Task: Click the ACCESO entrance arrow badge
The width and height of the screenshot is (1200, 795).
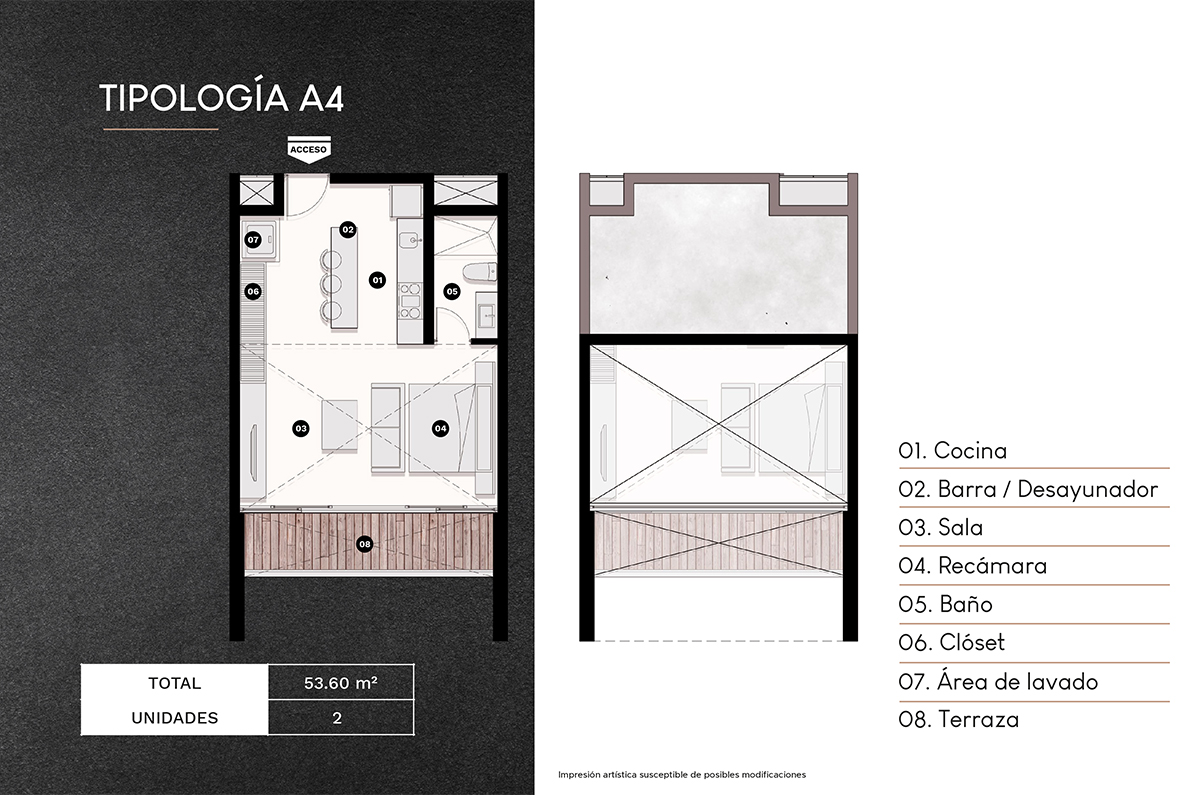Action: click(309, 148)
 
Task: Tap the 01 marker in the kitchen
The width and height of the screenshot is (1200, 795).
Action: click(377, 280)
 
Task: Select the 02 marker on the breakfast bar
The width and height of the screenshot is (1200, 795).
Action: click(347, 229)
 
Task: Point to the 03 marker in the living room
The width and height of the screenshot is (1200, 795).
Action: click(300, 428)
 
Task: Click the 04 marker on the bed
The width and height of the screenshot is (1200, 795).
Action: click(440, 428)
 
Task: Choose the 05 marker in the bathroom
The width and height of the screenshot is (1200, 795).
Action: click(452, 292)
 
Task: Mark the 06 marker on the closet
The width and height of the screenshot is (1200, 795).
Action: click(253, 292)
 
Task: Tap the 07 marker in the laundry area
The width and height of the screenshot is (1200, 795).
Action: click(253, 240)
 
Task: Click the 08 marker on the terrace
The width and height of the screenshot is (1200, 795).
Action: click(365, 544)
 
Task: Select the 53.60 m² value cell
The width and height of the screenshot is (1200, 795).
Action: click(340, 684)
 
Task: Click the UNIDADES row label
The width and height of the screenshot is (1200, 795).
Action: click(175, 718)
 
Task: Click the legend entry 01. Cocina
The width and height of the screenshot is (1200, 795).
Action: click(952, 451)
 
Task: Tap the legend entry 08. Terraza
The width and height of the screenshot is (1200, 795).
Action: click(958, 720)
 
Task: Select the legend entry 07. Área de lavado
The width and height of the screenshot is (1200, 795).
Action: click(998, 682)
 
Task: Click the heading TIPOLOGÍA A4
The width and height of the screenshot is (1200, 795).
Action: click(222, 99)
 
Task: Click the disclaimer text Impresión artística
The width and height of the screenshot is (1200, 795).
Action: click(681, 775)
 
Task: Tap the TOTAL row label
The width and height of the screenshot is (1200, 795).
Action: click(175, 684)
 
